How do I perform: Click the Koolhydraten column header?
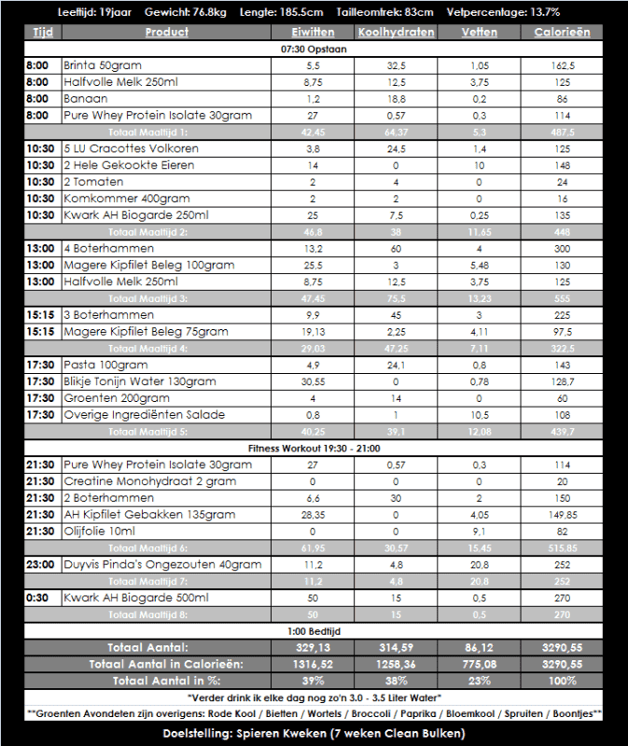(x=396, y=32)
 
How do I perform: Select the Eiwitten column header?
(x=313, y=32)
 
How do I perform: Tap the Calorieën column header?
(x=562, y=32)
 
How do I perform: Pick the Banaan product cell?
(x=86, y=99)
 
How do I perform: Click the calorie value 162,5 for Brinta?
(x=562, y=66)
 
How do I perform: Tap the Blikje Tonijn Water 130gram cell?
(x=140, y=381)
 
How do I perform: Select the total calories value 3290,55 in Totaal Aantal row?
(x=562, y=647)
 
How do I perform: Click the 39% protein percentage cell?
(x=313, y=681)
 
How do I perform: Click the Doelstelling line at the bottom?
(x=314, y=733)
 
